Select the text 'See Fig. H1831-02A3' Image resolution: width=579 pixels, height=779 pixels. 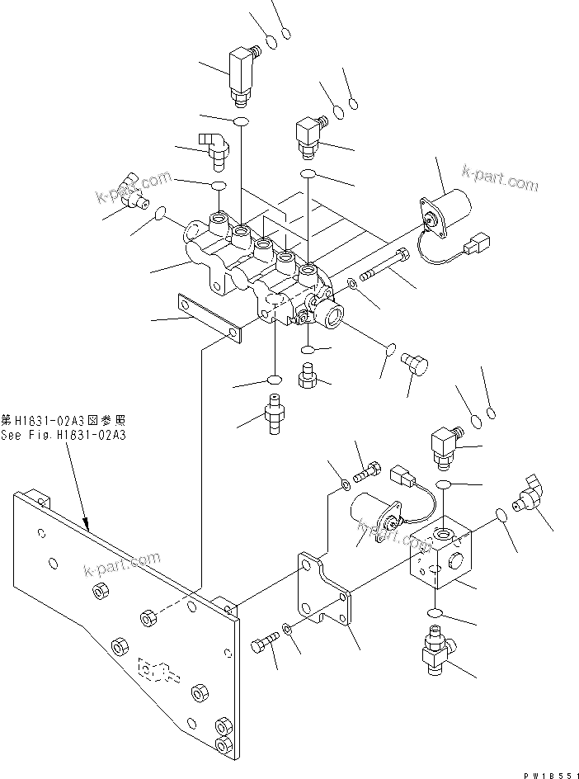[64, 436]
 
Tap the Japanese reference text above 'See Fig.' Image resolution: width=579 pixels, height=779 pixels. [64, 421]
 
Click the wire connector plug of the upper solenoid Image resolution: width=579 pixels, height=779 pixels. [478, 246]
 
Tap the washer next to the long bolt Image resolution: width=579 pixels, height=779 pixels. [352, 285]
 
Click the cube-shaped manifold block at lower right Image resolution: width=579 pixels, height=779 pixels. [441, 557]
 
